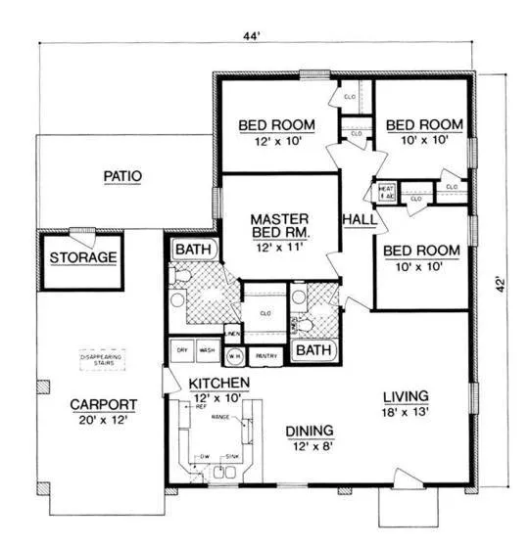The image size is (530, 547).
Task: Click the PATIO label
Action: pos(123,177)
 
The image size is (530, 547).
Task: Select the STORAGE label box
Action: pos(83,258)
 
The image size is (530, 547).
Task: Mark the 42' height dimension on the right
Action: pos(501,285)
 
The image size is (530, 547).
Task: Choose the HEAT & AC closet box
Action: pos(385,192)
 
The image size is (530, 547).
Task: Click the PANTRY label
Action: pos(265,357)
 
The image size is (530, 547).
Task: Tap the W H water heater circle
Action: pos(235,357)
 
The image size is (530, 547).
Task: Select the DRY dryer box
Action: pos(181,349)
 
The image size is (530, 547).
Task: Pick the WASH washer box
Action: pos(207,349)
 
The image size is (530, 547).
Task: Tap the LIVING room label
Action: pos(406,395)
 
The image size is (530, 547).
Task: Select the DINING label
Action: pos(310,430)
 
